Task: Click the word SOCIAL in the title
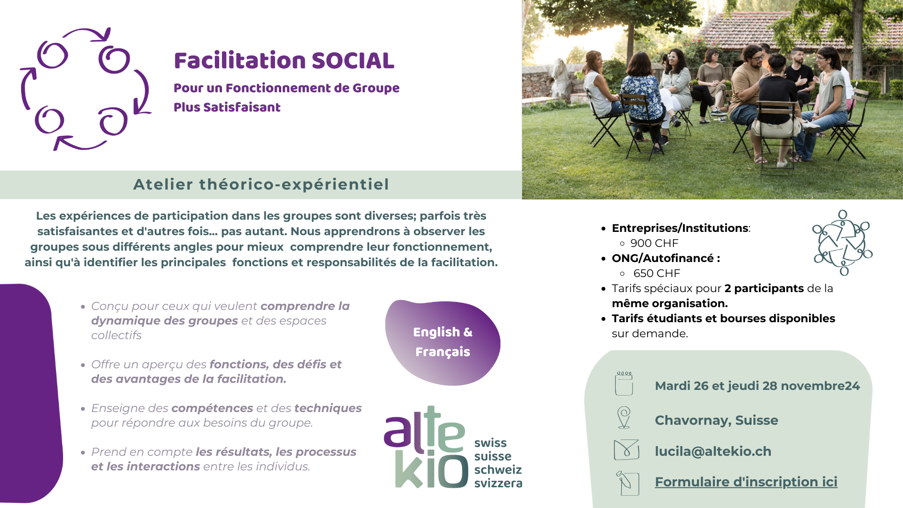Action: [353, 61]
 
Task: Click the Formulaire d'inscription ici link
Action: [746, 482]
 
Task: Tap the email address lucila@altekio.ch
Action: [713, 451]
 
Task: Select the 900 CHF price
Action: [654, 243]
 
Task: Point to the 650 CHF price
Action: [657, 273]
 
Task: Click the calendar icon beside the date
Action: [624, 383]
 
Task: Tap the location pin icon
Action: [624, 418]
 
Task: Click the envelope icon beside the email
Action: [626, 450]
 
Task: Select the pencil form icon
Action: [627, 483]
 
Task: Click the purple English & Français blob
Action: [443, 342]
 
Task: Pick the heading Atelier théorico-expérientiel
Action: [261, 184]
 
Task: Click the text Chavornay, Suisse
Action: [716, 420]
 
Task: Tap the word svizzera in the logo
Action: [498, 483]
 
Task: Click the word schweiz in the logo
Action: [498, 469]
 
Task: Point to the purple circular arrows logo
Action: [85, 89]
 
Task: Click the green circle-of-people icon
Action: [842, 243]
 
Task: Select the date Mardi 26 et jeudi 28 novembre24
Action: [757, 386]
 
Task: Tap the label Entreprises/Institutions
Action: [680, 228]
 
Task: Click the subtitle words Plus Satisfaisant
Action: [227, 107]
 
